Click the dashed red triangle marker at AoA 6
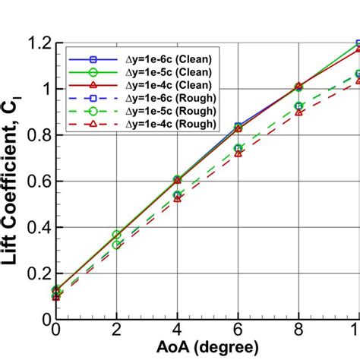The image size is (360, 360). tap(238, 153)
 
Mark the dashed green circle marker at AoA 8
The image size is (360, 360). tap(298, 106)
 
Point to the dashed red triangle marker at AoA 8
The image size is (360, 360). tap(298, 112)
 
